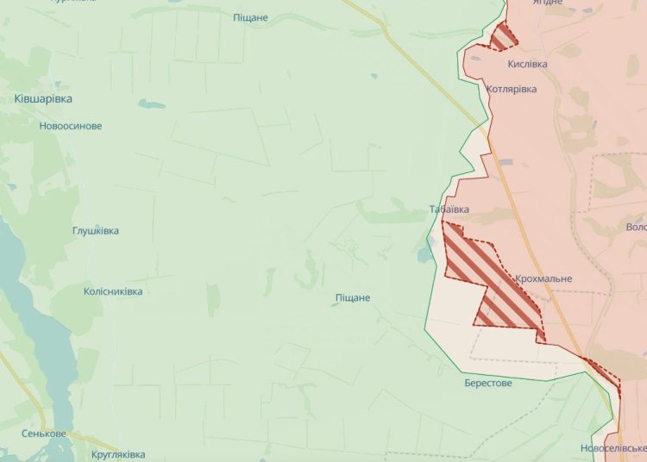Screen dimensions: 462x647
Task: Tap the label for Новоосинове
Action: click(71, 126)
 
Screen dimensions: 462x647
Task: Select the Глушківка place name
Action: click(96, 231)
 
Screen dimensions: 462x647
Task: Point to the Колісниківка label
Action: click(113, 291)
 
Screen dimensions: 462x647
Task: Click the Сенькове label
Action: click(44, 434)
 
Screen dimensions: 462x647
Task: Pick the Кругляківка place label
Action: click(118, 454)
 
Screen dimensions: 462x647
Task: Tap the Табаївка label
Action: click(449, 209)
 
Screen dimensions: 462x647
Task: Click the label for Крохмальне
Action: click(543, 279)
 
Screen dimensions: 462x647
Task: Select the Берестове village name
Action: click(488, 383)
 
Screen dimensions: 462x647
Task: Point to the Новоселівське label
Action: click(612, 449)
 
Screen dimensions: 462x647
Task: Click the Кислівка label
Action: click(528, 64)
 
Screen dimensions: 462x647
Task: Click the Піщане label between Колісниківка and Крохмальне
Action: click(353, 297)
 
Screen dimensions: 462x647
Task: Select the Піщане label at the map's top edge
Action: click(251, 17)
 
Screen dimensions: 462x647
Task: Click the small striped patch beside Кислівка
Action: click(504, 37)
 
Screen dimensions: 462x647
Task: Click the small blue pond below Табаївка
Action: click(422, 254)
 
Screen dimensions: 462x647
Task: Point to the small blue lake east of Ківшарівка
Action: click(151, 103)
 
